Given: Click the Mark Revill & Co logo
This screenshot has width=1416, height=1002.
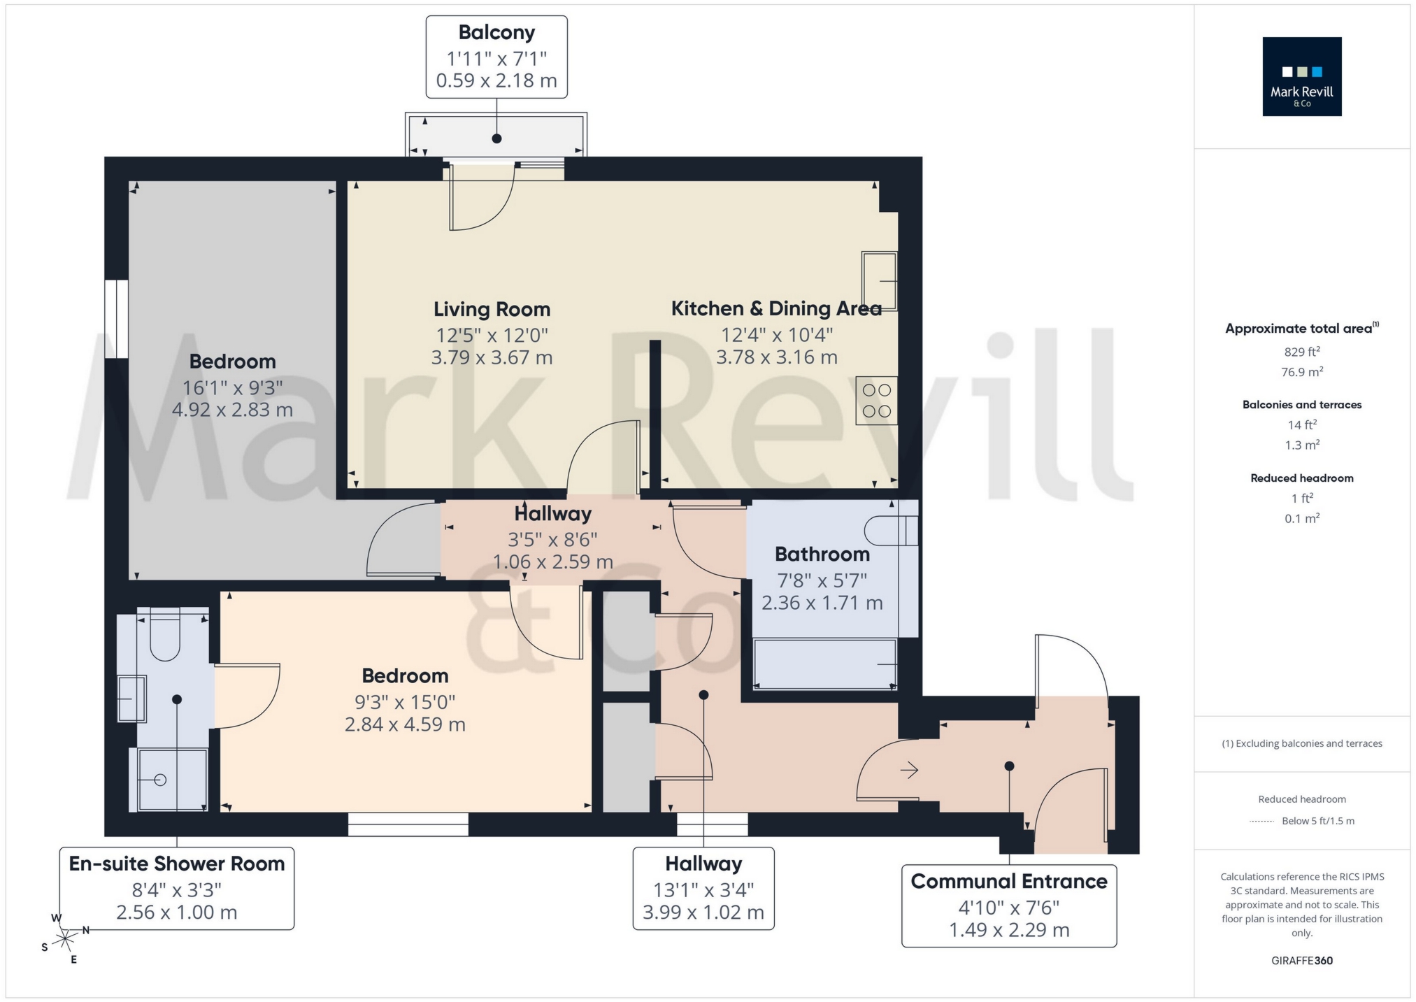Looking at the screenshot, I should tap(1301, 76).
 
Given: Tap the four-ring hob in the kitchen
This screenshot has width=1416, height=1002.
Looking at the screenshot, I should tap(876, 401).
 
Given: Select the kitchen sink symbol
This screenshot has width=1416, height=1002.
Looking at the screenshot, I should tap(879, 280).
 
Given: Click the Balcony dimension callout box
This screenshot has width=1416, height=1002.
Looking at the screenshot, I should tap(496, 57).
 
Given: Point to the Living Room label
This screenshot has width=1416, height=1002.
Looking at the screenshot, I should tap(492, 309).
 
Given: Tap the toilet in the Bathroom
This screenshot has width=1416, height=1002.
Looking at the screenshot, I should tap(889, 531).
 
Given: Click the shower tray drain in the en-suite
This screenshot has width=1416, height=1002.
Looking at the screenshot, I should tap(160, 780).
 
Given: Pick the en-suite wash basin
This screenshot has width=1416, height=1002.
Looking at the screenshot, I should tap(131, 698).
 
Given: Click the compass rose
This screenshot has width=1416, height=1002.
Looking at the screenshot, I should tap(65, 937).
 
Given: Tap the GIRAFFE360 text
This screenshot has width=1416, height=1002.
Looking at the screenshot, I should tap(1301, 960).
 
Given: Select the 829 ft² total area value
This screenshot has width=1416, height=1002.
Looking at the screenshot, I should tap(1301, 352).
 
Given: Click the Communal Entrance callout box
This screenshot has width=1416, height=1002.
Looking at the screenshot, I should tap(1008, 906).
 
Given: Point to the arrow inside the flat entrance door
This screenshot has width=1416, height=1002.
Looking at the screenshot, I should tap(909, 770).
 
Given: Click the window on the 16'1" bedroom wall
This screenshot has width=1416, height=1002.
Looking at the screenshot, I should tap(117, 319).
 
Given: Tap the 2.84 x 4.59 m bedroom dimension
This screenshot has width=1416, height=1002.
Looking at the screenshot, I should tap(405, 724).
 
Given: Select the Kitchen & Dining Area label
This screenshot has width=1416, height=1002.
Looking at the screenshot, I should tap(775, 308).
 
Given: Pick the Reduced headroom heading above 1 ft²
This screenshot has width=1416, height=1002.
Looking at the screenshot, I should tap(1301, 478).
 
